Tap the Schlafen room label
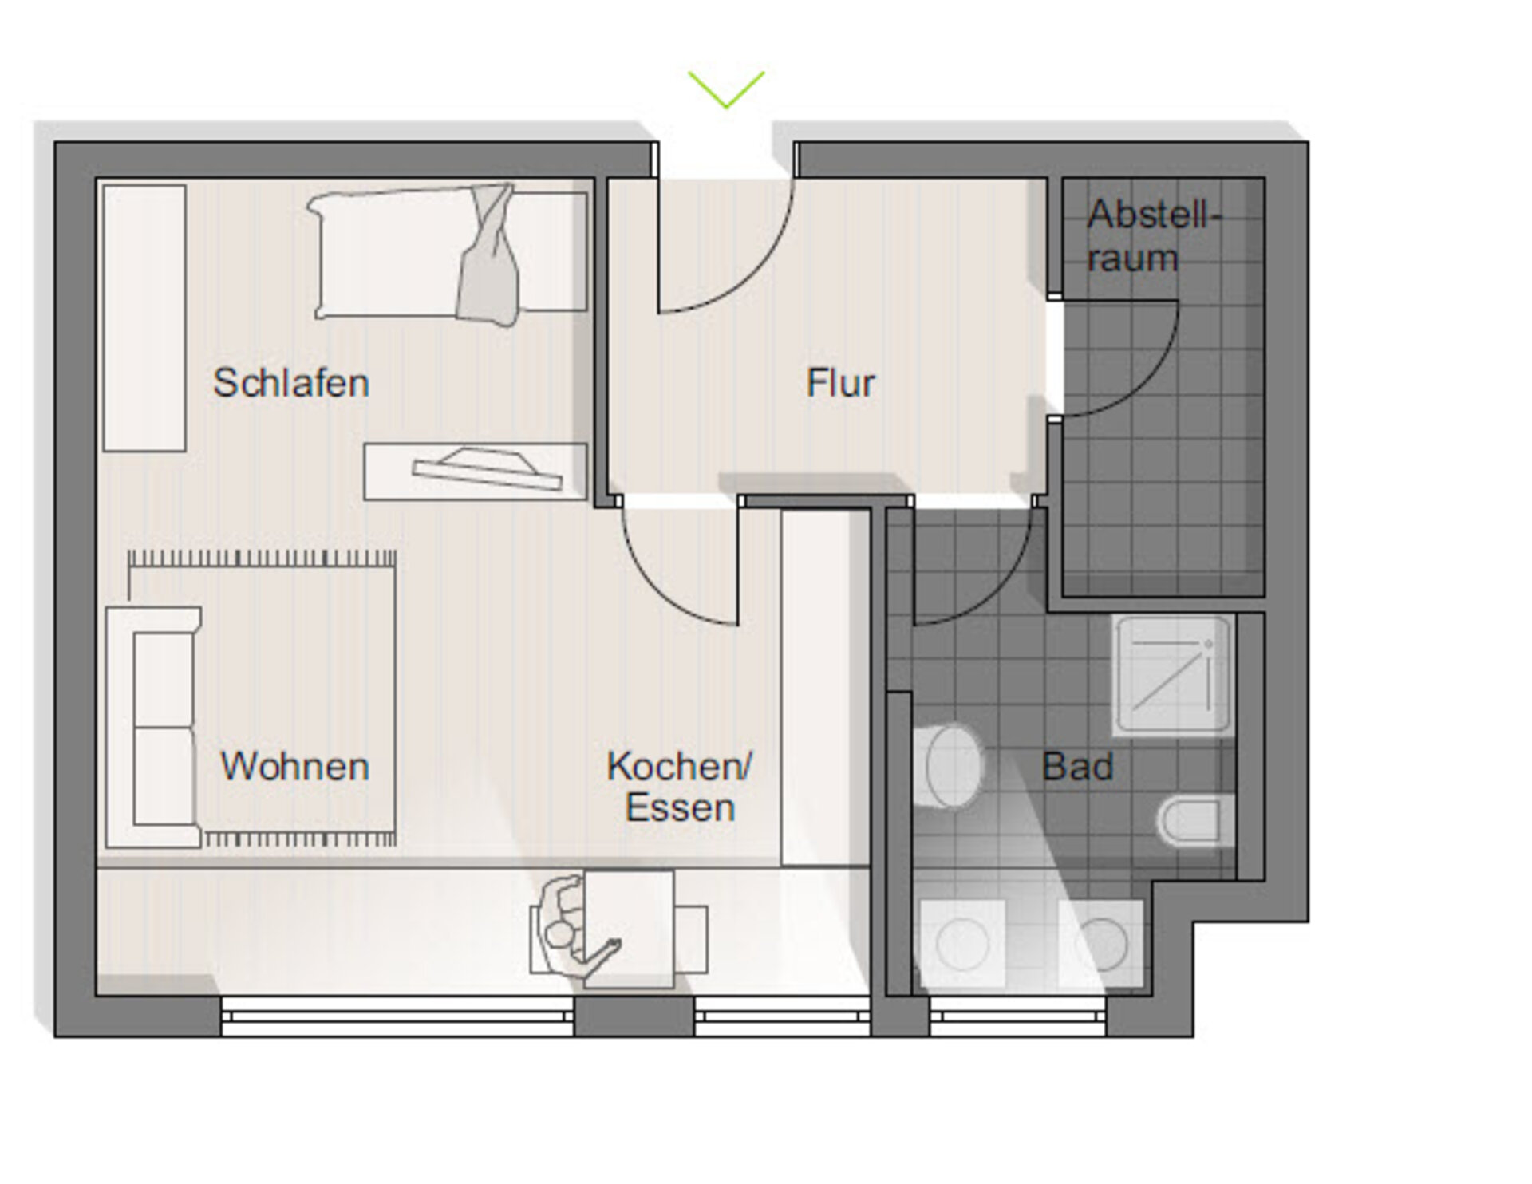291,383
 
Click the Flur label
840,383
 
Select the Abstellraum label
1154,236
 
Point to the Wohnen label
294,767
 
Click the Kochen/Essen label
680,787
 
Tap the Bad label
1077,767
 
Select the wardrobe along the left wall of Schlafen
144,318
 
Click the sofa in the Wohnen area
153,727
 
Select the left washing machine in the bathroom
962,944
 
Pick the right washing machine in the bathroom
1100,944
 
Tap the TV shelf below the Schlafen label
476,472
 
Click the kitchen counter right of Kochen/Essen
825,687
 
